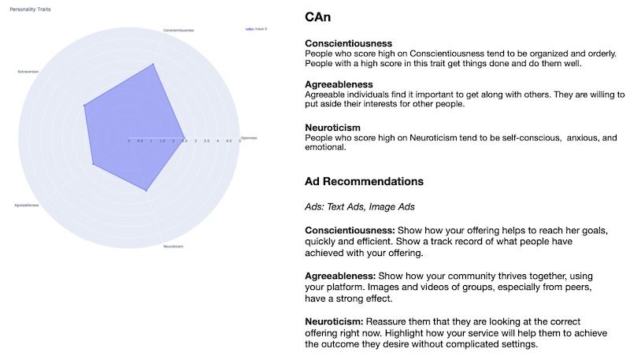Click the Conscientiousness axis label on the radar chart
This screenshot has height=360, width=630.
click(179, 30)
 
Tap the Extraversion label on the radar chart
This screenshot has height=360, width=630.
click(28, 71)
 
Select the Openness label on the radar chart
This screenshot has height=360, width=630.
click(248, 137)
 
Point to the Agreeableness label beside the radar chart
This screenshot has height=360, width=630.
click(26, 206)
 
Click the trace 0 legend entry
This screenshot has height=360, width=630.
click(257, 28)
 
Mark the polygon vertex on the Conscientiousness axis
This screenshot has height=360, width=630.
click(155, 65)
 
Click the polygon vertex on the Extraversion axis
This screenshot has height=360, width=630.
click(83, 104)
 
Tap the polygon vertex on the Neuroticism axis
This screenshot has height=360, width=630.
click(146, 191)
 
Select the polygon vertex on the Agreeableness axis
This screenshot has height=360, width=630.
click(93, 165)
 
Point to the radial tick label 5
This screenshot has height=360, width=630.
click(239, 141)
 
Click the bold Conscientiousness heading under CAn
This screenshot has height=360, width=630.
click(348, 43)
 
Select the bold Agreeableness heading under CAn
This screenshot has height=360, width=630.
click(339, 84)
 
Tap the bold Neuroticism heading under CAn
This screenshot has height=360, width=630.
click(332, 127)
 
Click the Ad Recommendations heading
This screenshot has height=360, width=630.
click(364, 181)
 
